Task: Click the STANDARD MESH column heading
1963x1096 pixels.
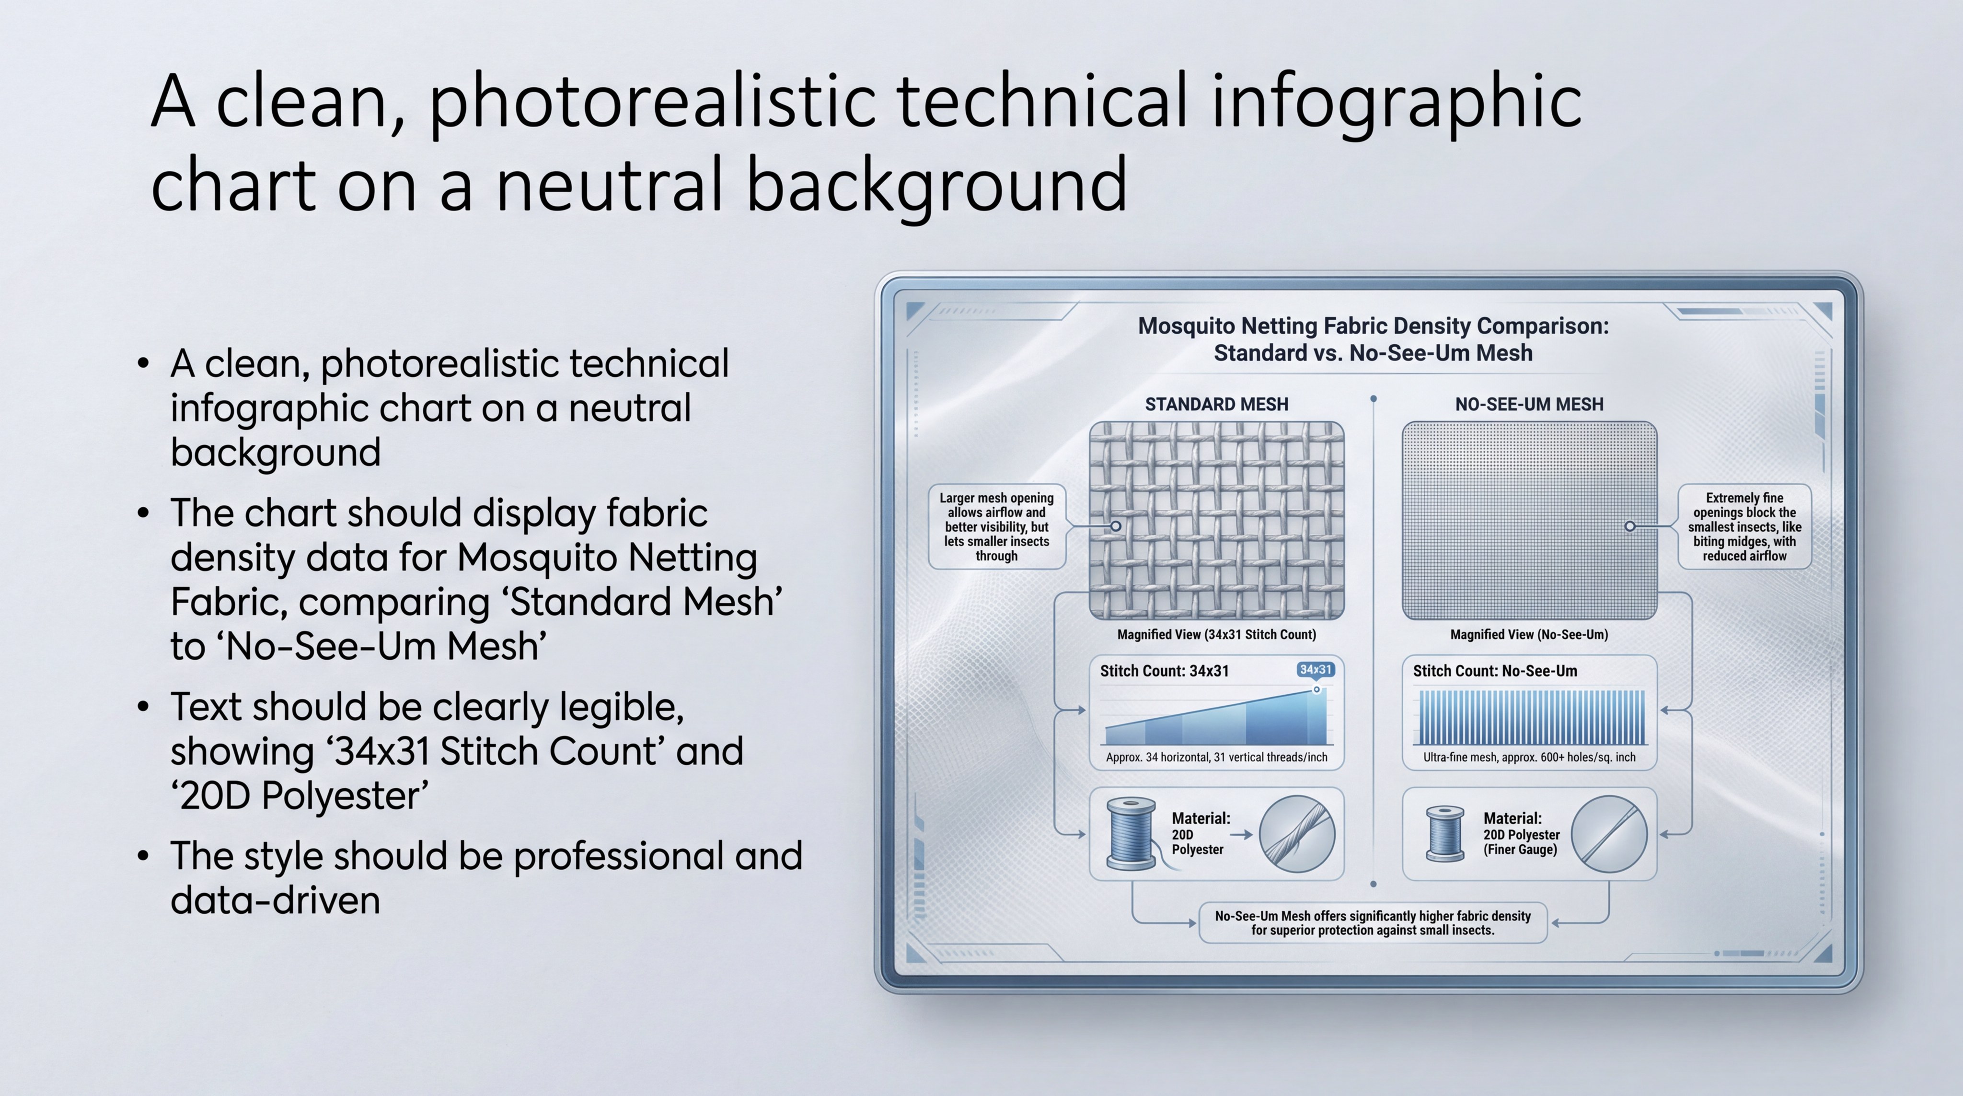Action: pyautogui.click(x=1216, y=404)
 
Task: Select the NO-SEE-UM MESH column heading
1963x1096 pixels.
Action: pyautogui.click(x=1529, y=404)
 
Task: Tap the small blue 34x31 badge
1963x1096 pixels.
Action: pyautogui.click(x=1315, y=669)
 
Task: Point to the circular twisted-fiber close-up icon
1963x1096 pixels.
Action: pyautogui.click(x=1297, y=834)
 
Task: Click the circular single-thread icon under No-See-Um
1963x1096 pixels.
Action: pyautogui.click(x=1609, y=834)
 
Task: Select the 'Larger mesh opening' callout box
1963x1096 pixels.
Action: pyautogui.click(x=997, y=526)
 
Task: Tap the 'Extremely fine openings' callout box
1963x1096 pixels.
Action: pyautogui.click(x=1744, y=526)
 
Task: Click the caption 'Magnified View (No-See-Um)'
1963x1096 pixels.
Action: pyautogui.click(x=1529, y=634)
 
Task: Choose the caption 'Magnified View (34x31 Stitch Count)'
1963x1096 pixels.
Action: pyautogui.click(x=1216, y=634)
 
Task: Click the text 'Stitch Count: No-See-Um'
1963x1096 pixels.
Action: pyautogui.click(x=1495, y=671)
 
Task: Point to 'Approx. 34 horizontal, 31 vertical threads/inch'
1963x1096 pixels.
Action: pyautogui.click(x=1216, y=757)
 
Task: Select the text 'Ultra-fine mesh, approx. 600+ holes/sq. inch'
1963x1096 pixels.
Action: pyautogui.click(x=1529, y=757)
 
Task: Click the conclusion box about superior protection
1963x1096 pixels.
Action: pyautogui.click(x=1373, y=923)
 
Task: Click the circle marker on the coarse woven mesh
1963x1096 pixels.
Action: pyautogui.click(x=1116, y=526)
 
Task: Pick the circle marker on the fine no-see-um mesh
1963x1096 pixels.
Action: pyautogui.click(x=1630, y=526)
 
